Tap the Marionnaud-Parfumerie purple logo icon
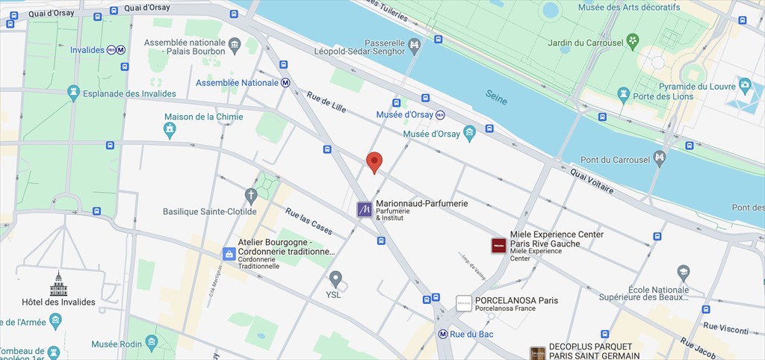point(365,210)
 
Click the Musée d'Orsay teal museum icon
point(469,134)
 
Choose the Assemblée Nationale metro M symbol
point(286,83)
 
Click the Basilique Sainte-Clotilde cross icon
point(251,196)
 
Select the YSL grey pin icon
point(336,279)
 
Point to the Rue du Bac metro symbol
point(443,334)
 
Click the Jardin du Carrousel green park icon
point(634,40)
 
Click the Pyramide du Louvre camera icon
point(745,85)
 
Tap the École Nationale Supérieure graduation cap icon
point(683,272)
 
